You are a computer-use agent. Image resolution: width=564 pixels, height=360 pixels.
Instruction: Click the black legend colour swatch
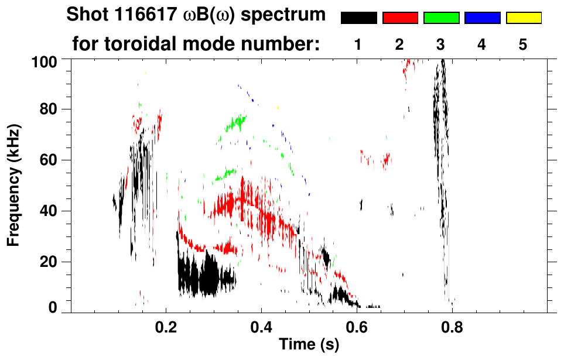tap(358, 18)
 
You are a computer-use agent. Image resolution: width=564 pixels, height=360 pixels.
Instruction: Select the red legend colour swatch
tap(400, 18)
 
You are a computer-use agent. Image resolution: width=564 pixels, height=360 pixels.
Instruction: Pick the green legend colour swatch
tap(441, 18)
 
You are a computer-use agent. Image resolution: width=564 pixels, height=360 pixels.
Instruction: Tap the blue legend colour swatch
tap(482, 18)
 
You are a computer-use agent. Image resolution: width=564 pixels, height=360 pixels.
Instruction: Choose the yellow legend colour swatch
tap(523, 18)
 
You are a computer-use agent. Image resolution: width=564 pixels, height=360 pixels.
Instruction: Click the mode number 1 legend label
tap(358, 44)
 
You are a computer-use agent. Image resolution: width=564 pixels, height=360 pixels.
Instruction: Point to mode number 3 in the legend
tap(441, 44)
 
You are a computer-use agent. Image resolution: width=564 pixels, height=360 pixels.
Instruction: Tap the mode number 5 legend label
tap(523, 44)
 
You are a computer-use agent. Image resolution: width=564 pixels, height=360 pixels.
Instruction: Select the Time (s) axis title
tap(309, 345)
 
